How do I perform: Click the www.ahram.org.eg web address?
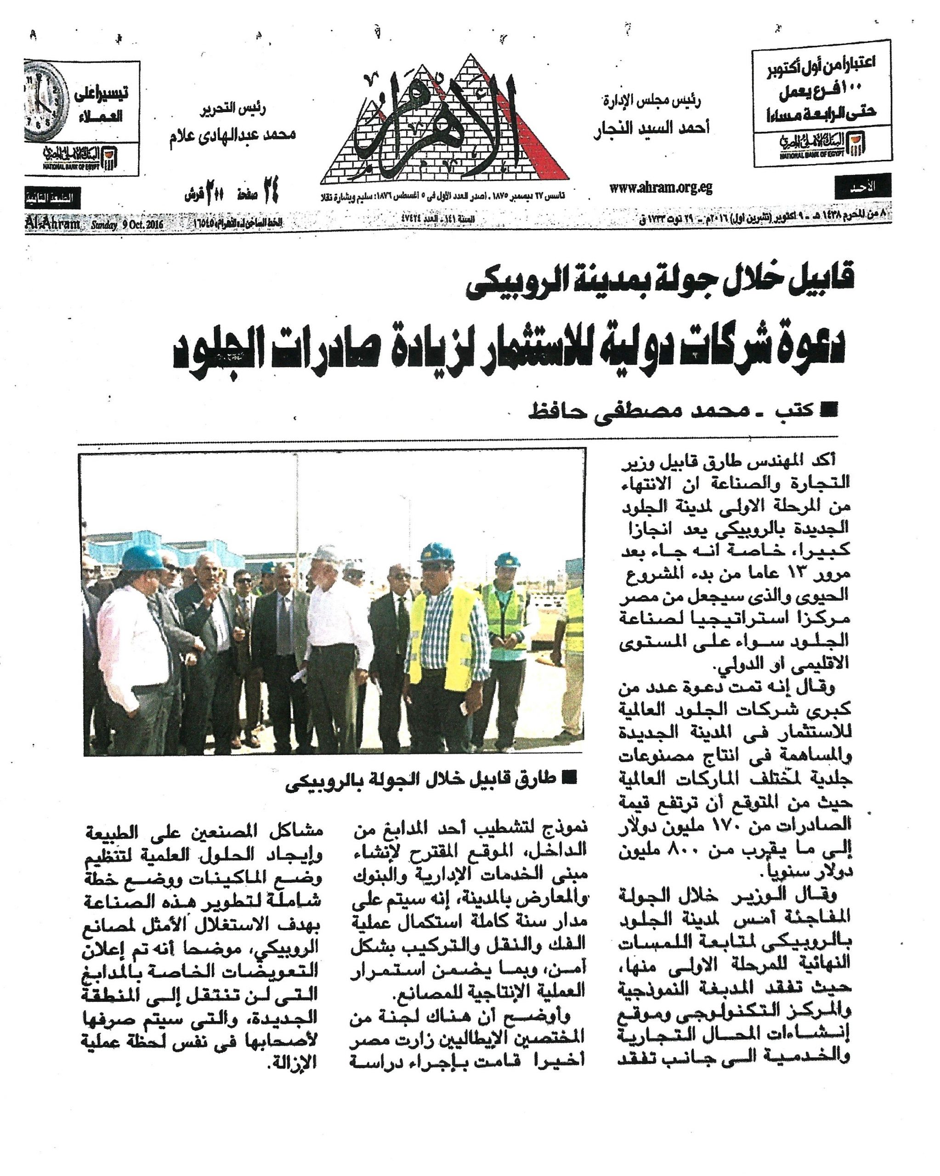point(661,188)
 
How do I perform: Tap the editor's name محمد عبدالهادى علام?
point(232,134)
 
